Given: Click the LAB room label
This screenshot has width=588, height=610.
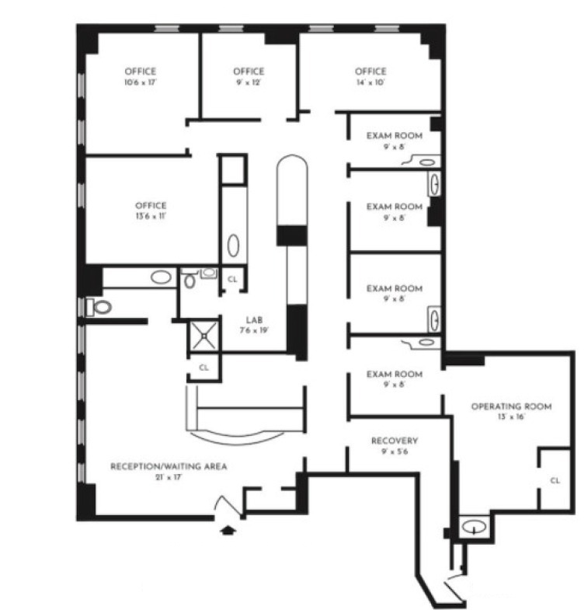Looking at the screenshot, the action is coord(254,320).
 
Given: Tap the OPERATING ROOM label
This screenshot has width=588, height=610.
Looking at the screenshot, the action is coord(511,406).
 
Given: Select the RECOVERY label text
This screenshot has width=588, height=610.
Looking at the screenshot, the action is coord(395,441).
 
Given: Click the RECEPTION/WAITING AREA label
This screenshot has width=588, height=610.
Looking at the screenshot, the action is coord(169,466).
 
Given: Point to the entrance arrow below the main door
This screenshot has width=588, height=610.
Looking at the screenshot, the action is coord(228,530).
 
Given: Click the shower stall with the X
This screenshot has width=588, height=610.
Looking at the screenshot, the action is coord(204,336).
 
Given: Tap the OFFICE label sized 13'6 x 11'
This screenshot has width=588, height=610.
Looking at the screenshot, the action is coord(151,205).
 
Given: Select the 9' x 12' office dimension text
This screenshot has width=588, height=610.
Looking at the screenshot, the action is coord(249,82).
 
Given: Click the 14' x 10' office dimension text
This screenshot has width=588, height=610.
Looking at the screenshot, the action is coord(371,82).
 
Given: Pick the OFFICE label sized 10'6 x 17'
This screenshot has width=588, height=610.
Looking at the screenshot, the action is coord(141,71).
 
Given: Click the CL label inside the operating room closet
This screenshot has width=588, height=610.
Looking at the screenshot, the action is coord(555,481).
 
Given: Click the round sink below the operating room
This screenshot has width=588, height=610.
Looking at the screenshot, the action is coord(474,528).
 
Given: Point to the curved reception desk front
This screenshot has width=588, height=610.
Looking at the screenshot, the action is coord(237,438).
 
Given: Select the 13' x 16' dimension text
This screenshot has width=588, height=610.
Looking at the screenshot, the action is coord(511,417).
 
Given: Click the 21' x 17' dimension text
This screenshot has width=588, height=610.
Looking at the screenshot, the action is coord(169,477).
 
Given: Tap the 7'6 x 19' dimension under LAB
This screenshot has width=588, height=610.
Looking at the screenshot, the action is coord(254,330).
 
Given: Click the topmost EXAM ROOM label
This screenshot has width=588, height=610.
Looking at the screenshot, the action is coord(395,136).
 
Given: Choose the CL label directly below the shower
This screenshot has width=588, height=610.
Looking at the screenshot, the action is coord(204,368).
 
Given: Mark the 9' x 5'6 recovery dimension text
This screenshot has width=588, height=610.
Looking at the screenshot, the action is coord(395,451).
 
